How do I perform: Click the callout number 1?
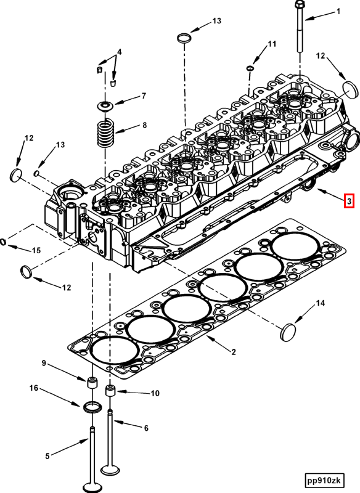(x=338, y=12)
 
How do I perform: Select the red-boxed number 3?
(x=348, y=201)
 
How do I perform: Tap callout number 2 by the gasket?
(x=234, y=352)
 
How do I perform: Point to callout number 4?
(x=119, y=52)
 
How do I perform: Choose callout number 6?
(x=146, y=428)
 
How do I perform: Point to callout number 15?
(x=36, y=250)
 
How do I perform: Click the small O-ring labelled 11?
(x=250, y=67)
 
